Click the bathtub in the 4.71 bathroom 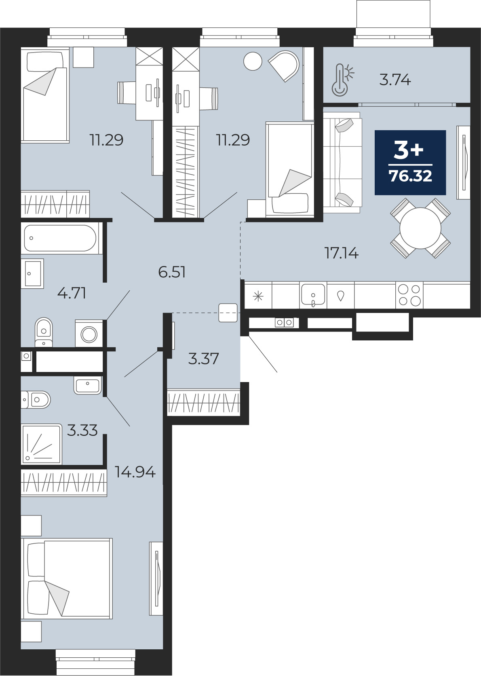[60, 238]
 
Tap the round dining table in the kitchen [420, 228]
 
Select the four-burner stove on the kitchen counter [409, 295]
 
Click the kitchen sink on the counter [313, 295]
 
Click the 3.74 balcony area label [395, 80]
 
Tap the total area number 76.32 [410, 176]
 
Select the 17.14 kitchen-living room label [341, 253]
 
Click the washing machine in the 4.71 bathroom [89, 334]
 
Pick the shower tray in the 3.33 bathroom [42, 444]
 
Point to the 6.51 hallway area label [172, 272]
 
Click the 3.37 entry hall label [203, 359]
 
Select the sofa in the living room [342, 160]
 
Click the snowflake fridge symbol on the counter [258, 297]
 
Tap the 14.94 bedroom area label [135, 472]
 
